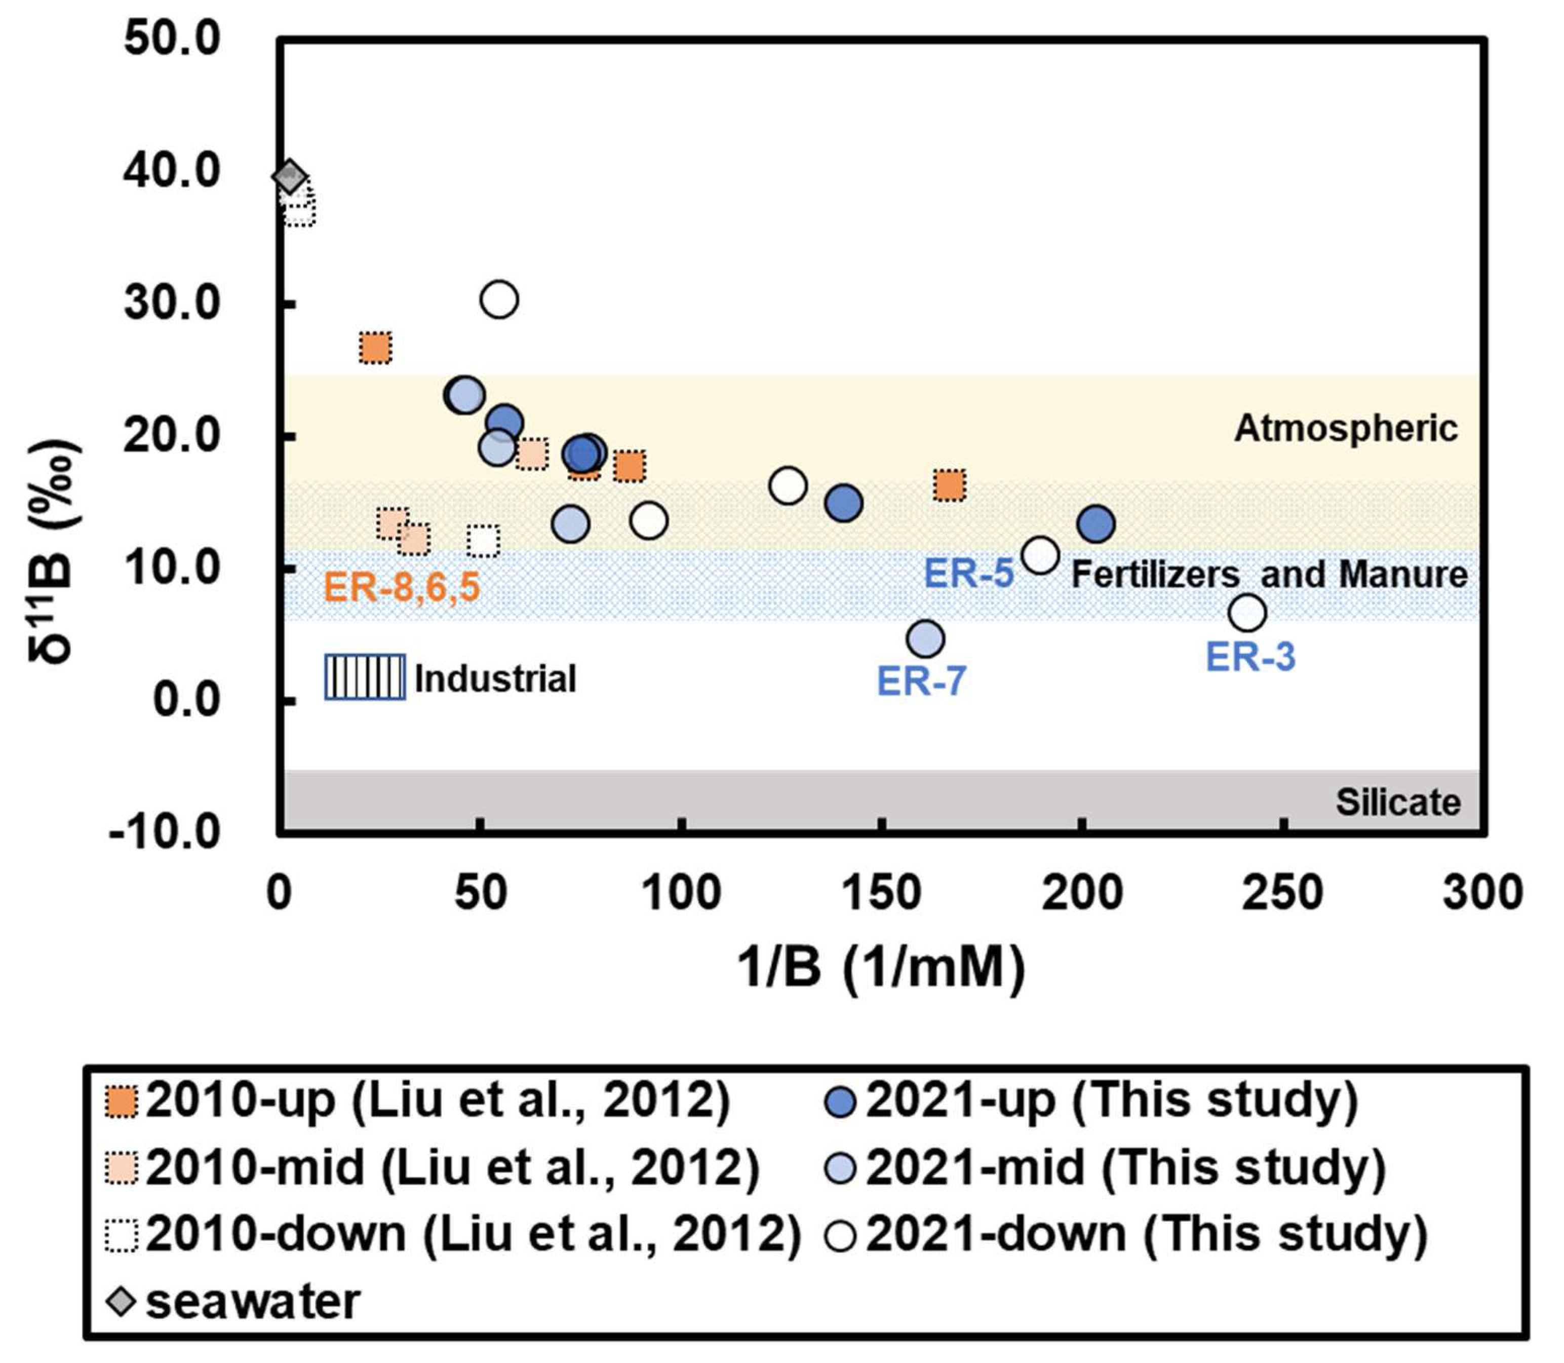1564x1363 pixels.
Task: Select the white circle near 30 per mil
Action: point(499,299)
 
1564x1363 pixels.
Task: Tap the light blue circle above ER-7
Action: point(925,639)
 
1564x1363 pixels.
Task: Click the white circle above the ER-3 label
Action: point(1247,612)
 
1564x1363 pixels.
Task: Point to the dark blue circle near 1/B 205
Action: point(1096,524)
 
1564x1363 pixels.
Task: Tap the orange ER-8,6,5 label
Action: point(402,587)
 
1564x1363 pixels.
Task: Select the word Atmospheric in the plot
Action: point(1346,429)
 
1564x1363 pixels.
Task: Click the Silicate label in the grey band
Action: point(1398,803)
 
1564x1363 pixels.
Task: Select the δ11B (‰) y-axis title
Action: point(53,551)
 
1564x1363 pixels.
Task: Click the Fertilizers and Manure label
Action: point(1270,574)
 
